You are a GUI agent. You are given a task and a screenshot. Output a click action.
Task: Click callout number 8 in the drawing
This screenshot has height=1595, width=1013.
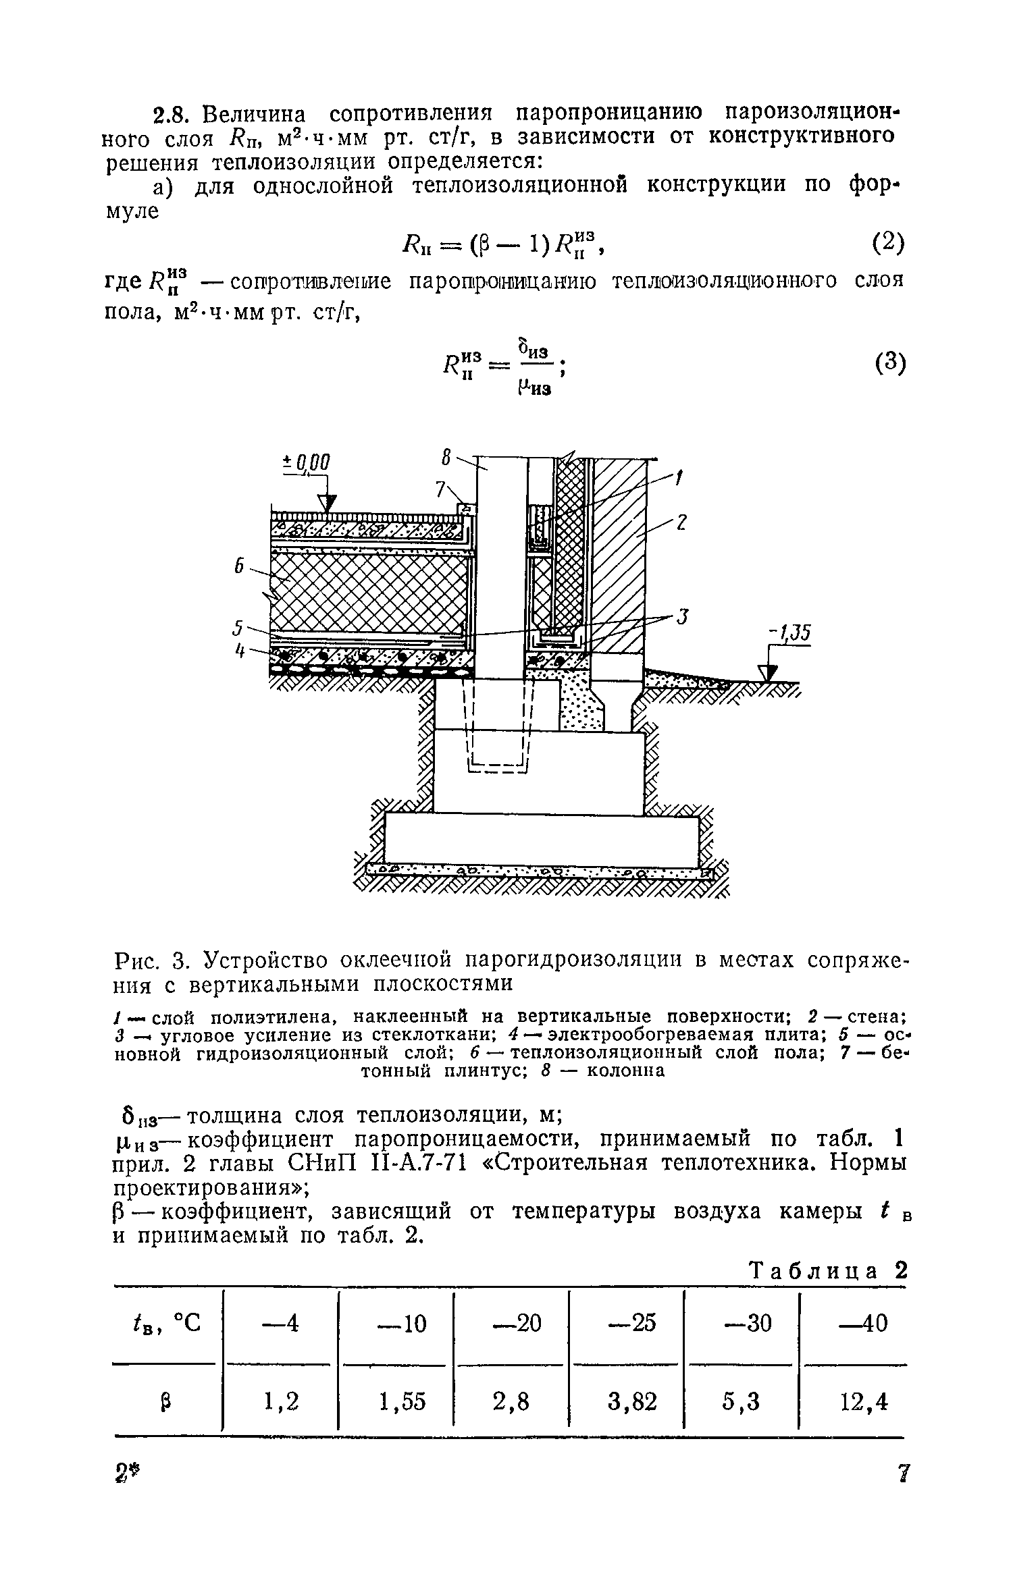pyautogui.click(x=446, y=459)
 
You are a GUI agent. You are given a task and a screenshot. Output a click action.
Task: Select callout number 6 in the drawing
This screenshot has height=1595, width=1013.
pyautogui.click(x=239, y=566)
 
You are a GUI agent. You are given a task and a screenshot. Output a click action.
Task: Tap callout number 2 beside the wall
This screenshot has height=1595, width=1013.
pyautogui.click(x=683, y=522)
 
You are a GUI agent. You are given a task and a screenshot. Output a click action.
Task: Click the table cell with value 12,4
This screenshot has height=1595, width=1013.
pyautogui.click(x=854, y=1403)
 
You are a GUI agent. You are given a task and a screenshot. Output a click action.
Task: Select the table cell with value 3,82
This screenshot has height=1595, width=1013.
pyautogui.click(x=631, y=1403)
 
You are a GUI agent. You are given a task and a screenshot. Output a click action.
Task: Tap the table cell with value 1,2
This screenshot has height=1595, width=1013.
pyautogui.click(x=281, y=1403)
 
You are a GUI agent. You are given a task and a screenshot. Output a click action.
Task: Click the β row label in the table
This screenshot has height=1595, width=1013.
pyautogui.click(x=166, y=1403)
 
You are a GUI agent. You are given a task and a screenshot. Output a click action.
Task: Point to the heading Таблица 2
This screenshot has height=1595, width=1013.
pyautogui.click(x=828, y=1272)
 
